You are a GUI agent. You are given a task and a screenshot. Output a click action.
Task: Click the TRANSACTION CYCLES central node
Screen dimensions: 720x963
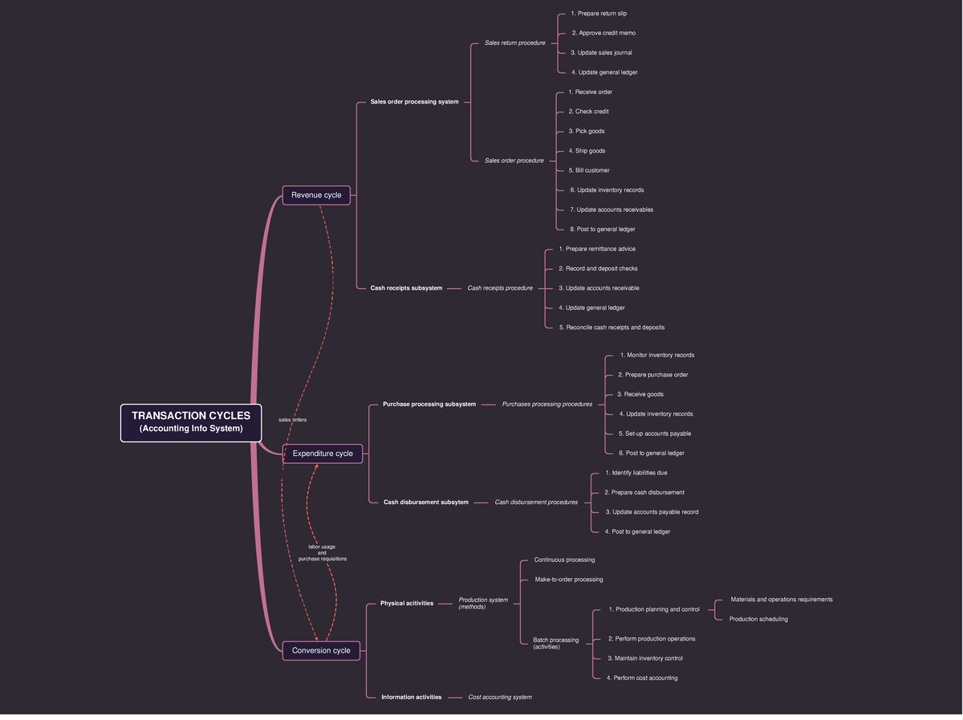click(191, 422)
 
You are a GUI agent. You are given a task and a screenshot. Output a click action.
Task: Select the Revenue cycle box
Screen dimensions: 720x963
click(316, 195)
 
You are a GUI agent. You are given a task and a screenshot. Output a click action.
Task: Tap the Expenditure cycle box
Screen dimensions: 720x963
click(323, 454)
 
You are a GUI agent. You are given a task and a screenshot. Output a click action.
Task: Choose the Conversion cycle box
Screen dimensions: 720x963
click(321, 650)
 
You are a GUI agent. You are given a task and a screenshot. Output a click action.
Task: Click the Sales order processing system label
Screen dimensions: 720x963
click(414, 102)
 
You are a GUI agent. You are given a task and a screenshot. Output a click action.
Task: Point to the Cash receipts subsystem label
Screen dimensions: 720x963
click(406, 288)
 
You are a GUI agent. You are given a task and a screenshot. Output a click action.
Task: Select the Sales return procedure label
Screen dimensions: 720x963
click(514, 43)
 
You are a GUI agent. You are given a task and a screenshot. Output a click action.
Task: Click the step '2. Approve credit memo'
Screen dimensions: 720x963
click(603, 33)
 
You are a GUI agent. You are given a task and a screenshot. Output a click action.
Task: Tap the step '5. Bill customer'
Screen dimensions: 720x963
click(589, 170)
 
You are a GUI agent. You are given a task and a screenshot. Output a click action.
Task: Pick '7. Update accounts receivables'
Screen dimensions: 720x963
click(611, 209)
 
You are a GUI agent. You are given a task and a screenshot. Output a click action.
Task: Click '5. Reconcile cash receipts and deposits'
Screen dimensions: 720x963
click(612, 327)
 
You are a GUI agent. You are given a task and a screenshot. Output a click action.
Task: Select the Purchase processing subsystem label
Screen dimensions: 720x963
click(429, 405)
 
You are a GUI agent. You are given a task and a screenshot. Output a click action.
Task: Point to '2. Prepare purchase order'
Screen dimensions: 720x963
click(652, 375)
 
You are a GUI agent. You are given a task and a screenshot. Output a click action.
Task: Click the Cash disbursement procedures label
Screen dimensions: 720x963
click(536, 502)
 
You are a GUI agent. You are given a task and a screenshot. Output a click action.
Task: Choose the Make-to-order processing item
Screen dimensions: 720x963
click(568, 580)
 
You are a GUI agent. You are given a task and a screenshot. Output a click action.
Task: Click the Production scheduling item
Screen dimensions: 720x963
click(758, 619)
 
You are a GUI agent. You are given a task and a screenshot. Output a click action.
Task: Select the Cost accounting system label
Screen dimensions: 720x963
click(500, 698)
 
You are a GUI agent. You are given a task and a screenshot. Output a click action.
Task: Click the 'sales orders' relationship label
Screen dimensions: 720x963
click(293, 420)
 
